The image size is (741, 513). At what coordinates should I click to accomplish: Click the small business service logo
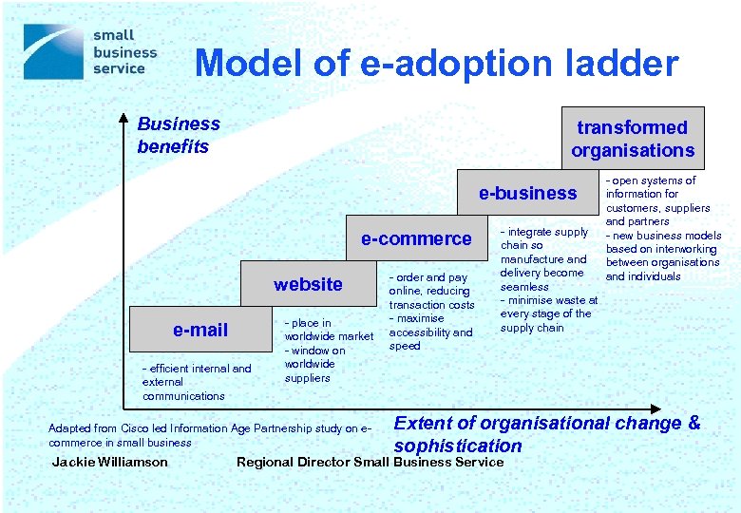click(x=90, y=52)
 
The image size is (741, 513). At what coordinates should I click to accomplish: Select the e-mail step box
click(x=200, y=330)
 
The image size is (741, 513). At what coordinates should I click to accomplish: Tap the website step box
click(x=308, y=284)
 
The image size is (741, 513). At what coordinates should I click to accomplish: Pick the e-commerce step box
click(x=416, y=238)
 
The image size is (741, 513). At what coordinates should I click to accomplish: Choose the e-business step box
click(x=527, y=193)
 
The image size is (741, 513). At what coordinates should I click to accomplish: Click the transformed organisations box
click(x=633, y=139)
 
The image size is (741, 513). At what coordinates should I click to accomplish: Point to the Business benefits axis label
click(x=178, y=135)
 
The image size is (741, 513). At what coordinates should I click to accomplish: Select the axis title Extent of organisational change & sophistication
click(x=546, y=434)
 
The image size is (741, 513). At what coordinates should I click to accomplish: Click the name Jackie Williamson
click(x=110, y=463)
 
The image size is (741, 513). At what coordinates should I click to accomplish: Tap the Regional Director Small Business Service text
click(x=370, y=463)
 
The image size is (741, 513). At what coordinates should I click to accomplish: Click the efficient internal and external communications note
click(x=197, y=382)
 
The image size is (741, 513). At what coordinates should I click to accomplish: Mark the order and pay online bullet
click(x=429, y=291)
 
